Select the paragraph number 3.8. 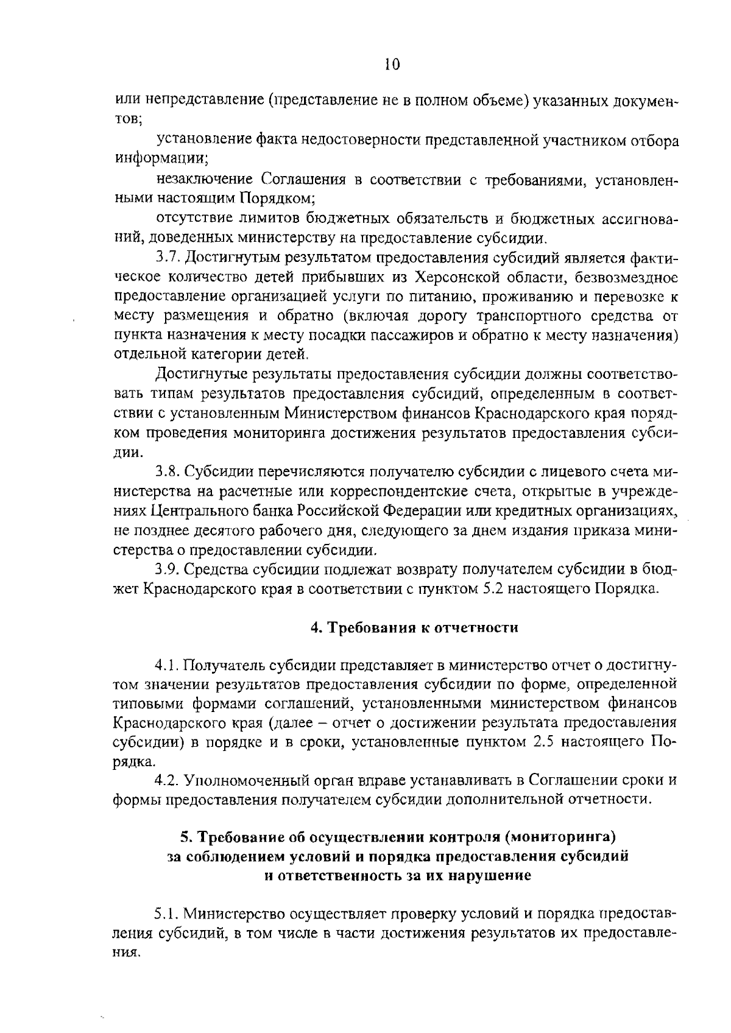click(168, 472)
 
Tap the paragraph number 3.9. click(168, 569)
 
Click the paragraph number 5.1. click(166, 914)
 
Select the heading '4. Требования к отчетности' click(414, 628)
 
